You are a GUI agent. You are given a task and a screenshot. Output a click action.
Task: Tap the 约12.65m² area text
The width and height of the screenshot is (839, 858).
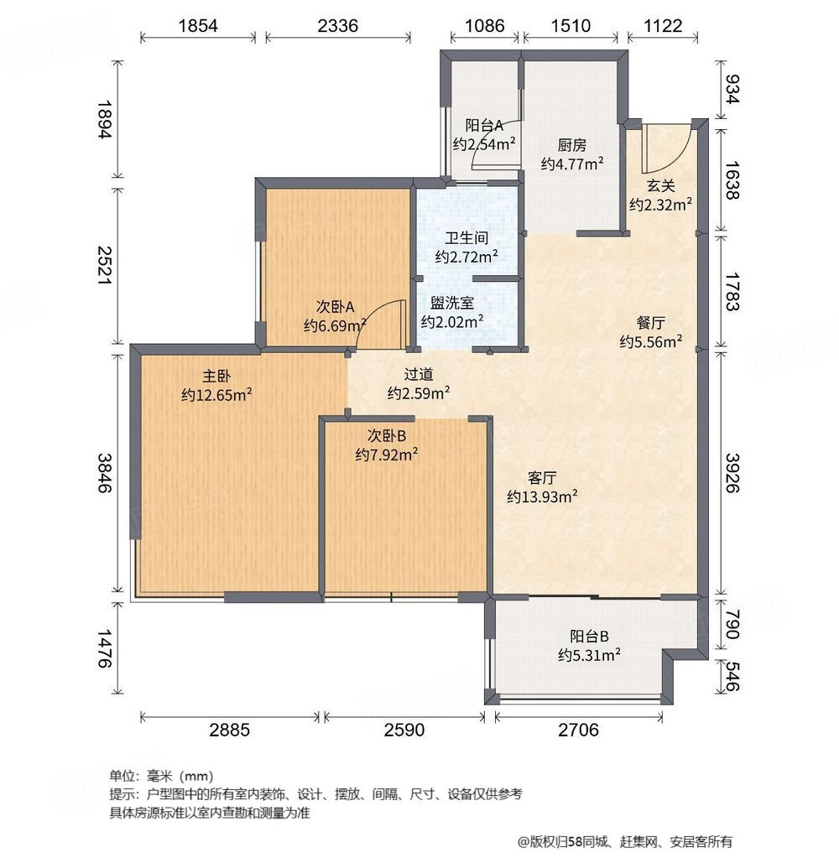coord(216,394)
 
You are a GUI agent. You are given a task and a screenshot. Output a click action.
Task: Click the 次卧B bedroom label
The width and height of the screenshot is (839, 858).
coord(387,436)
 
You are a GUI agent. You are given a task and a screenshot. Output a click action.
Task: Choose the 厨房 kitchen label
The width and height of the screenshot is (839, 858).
coord(572,144)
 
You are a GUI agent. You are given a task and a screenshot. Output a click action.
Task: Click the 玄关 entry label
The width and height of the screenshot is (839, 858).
coord(660,186)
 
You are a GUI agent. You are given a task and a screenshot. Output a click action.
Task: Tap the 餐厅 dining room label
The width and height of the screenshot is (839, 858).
coord(650,322)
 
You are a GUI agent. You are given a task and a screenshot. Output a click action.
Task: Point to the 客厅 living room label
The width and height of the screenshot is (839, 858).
coord(542,478)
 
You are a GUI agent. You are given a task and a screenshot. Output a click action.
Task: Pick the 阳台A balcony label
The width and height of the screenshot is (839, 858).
coord(484,126)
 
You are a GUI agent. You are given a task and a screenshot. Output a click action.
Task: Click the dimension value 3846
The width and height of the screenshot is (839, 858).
coord(104,475)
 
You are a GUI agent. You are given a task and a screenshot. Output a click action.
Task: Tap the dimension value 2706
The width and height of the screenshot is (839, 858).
coord(578,730)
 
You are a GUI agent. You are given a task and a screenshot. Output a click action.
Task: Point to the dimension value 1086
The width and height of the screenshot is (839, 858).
coord(485,25)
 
